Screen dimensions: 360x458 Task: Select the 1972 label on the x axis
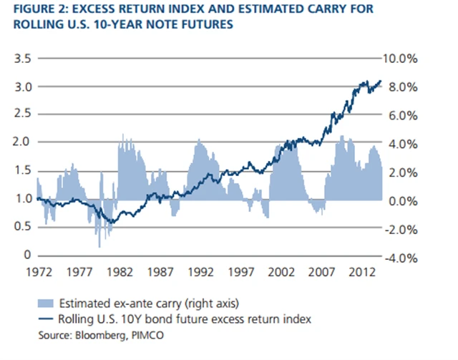pyautogui.click(x=37, y=272)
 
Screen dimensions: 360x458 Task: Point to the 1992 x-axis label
pyautogui.click(x=203, y=272)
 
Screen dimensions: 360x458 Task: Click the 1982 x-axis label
pyautogui.click(x=120, y=272)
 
